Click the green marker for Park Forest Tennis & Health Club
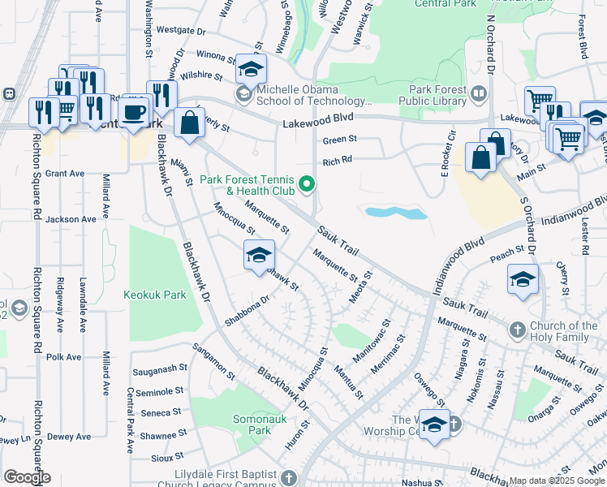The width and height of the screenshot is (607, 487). [307, 185]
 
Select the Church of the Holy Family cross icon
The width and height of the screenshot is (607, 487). [518, 330]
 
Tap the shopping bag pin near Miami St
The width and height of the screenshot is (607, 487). [189, 124]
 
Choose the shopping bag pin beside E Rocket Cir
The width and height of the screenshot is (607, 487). [480, 157]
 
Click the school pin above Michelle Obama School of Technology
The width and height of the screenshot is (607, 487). [252, 68]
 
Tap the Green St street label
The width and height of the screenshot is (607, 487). [340, 140]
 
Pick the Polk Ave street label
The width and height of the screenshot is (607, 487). [64, 356]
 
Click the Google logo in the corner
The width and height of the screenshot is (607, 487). [27, 477]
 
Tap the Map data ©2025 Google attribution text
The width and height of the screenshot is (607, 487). [556, 481]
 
